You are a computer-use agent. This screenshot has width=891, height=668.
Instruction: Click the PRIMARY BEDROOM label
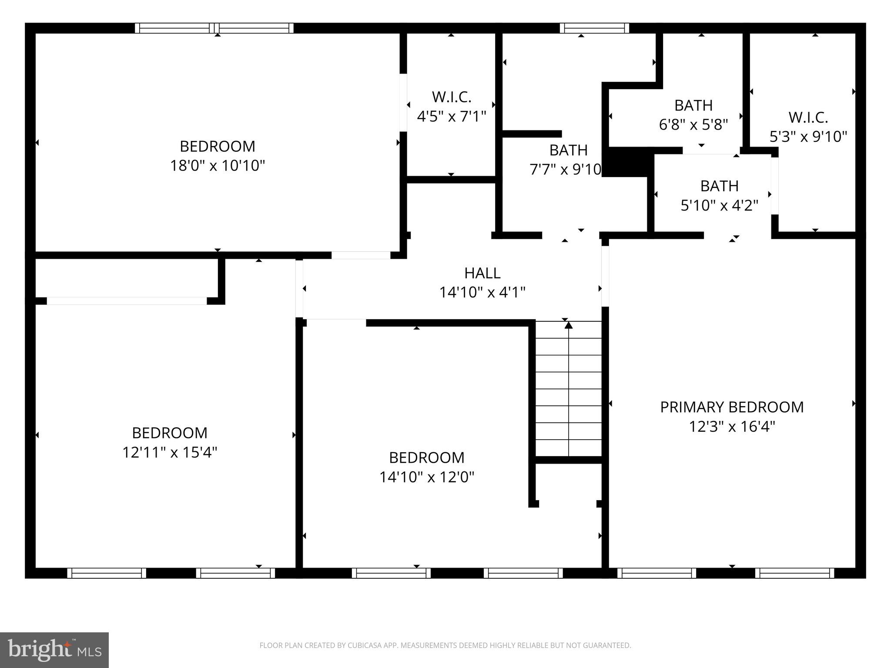coord(732,407)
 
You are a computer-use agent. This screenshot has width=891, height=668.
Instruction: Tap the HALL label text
coord(482,273)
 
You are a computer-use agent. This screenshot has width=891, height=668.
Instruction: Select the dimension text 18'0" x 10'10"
coord(217,166)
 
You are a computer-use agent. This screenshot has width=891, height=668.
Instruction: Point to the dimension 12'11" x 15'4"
coord(169,452)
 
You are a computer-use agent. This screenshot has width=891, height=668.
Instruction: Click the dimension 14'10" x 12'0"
coord(426,477)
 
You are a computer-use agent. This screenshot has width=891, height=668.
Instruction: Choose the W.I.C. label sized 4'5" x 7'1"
coord(451,97)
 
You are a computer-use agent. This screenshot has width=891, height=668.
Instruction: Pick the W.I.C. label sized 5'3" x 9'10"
coord(808,117)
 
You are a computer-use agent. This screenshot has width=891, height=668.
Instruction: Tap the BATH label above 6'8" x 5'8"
coord(693,105)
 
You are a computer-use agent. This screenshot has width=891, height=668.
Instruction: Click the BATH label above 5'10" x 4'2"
coord(719,186)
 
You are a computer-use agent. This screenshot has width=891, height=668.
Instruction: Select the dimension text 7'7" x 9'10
coord(565,169)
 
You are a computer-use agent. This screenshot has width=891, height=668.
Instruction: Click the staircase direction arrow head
coord(569,325)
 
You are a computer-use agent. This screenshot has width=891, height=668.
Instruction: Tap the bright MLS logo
coord(54,650)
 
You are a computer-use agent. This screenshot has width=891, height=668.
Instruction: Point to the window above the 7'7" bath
coord(594,28)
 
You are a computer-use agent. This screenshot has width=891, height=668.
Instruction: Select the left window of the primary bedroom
coord(657,573)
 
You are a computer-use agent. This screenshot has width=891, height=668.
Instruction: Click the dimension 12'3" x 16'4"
coord(732,427)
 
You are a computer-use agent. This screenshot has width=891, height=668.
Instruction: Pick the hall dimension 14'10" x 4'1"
coord(482,292)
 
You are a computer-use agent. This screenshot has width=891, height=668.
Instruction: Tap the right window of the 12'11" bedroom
coord(235,573)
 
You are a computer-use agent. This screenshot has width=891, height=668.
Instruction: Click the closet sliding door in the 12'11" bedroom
coord(127,301)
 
